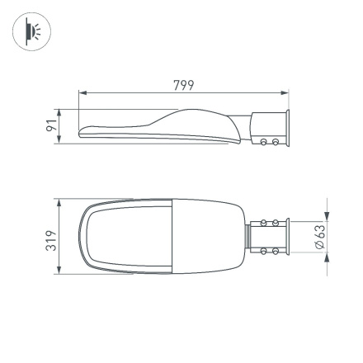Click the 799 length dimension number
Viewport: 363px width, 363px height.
coord(184,85)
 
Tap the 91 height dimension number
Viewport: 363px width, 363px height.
coord(51,126)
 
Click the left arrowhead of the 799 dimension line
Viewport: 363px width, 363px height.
coord(82,92)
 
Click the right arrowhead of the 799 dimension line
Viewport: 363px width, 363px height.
coord(287,92)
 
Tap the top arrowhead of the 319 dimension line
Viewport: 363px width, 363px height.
coord(60,201)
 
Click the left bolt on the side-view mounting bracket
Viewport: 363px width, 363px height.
coord(264,142)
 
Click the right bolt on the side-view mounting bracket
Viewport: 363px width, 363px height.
coord(273,142)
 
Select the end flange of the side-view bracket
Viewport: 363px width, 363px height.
coord(286,129)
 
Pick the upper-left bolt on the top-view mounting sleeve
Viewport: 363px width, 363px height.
coord(264,223)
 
